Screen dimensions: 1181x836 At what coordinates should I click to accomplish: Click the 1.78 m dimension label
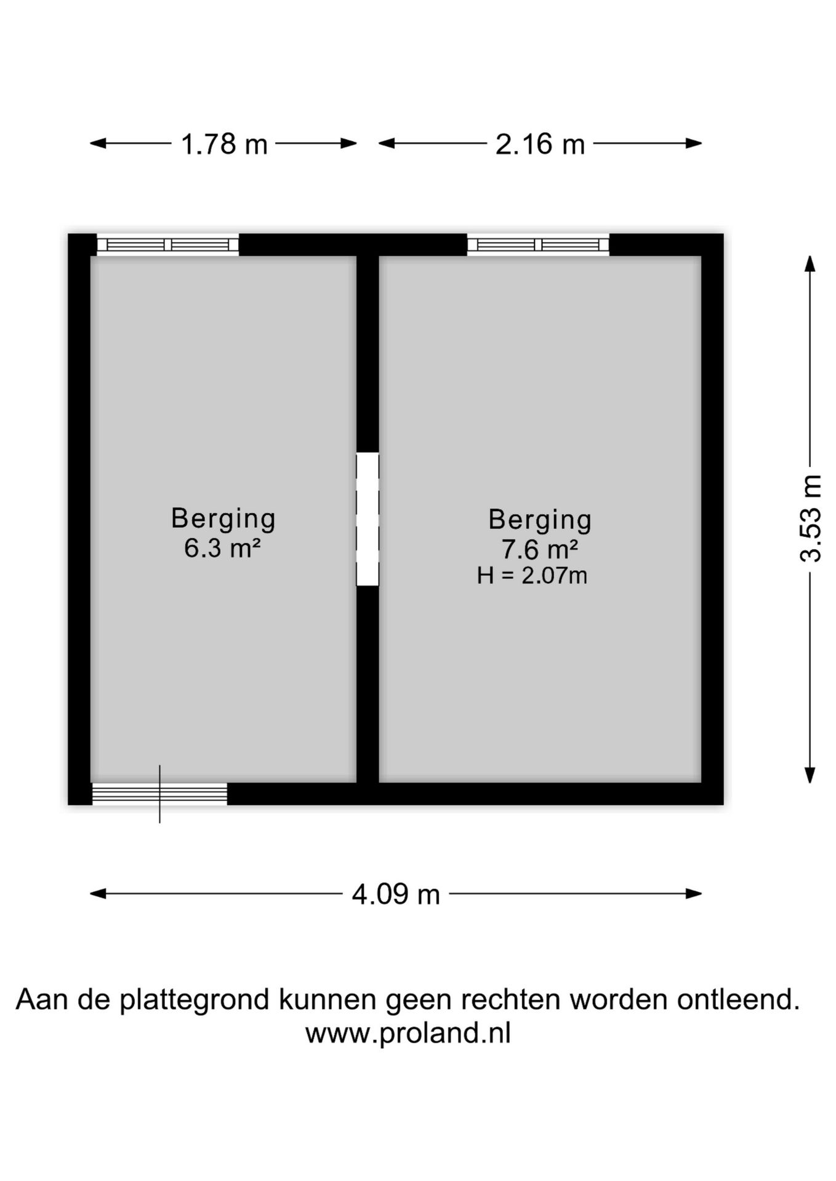pyautogui.click(x=224, y=145)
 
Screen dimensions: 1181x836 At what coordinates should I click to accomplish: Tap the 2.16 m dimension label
pyautogui.click(x=540, y=145)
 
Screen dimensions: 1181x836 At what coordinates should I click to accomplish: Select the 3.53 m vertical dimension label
pyautogui.click(x=811, y=519)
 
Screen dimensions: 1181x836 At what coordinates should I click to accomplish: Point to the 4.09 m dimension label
pyautogui.click(x=396, y=894)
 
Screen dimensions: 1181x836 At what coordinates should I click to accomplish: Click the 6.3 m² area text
pyautogui.click(x=222, y=547)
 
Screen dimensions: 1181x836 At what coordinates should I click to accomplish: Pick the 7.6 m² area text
pyautogui.click(x=540, y=547)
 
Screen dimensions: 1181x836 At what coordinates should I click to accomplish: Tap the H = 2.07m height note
pyautogui.click(x=532, y=576)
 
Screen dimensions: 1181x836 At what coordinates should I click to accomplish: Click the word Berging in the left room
pyautogui.click(x=223, y=519)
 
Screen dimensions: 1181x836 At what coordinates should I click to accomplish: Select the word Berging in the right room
pyautogui.click(x=540, y=520)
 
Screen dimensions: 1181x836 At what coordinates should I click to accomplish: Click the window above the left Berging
pyautogui.click(x=167, y=245)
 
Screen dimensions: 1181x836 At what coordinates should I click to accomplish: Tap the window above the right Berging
pyautogui.click(x=538, y=245)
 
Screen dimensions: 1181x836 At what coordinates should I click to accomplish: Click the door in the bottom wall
pyautogui.click(x=159, y=793)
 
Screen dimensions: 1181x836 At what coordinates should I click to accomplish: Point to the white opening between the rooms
pyautogui.click(x=368, y=519)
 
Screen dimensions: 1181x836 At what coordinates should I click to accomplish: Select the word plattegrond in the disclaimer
pyautogui.click(x=195, y=1000)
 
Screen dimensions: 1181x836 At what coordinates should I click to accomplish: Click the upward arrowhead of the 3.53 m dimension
pyautogui.click(x=811, y=263)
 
